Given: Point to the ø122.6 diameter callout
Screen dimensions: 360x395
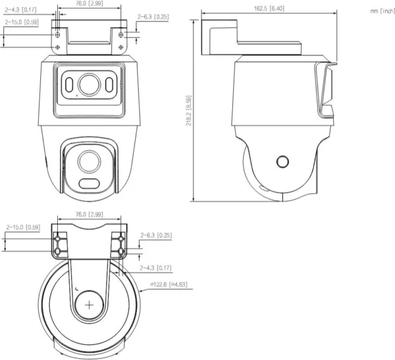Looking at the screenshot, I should point(170,284).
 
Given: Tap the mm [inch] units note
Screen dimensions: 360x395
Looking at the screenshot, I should point(382,11).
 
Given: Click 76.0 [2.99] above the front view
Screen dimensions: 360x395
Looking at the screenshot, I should point(90,4).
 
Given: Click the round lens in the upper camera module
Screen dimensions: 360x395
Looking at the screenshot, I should point(88,84).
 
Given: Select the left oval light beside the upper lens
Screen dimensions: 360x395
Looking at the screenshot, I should point(68,85).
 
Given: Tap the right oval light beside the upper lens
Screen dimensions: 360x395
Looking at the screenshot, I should point(109,85).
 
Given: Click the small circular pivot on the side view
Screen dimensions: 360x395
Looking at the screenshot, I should point(282,163).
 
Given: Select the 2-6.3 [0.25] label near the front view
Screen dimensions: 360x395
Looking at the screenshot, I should point(153,16).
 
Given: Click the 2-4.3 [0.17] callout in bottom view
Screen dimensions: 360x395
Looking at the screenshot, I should point(155,268).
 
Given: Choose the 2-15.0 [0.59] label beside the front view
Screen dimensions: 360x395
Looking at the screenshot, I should point(22,22).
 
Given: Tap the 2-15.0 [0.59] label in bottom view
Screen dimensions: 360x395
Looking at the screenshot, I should point(23,227).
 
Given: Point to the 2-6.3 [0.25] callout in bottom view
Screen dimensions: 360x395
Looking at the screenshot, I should point(155,235).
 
